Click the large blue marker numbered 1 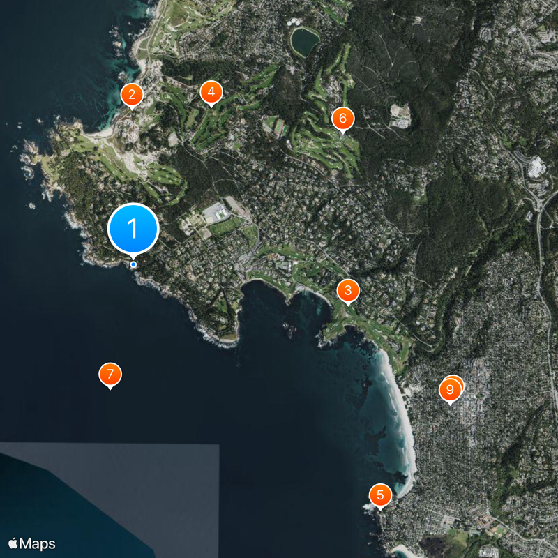pyautogui.click(x=133, y=228)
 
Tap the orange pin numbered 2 pyautogui.click(x=131, y=94)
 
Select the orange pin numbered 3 pyautogui.click(x=347, y=290)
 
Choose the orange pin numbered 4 pyautogui.click(x=211, y=91)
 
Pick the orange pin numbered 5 pyautogui.click(x=380, y=495)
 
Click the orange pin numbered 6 pyautogui.click(x=342, y=118)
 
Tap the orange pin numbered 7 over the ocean pyautogui.click(x=110, y=374)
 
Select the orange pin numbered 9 pyautogui.click(x=450, y=389)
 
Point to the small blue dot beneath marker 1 pyautogui.click(x=133, y=264)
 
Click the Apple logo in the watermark pyautogui.click(x=13, y=543)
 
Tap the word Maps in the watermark pyautogui.click(x=38, y=543)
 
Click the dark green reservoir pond pyautogui.click(x=305, y=43)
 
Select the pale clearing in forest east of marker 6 pyautogui.click(x=399, y=115)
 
